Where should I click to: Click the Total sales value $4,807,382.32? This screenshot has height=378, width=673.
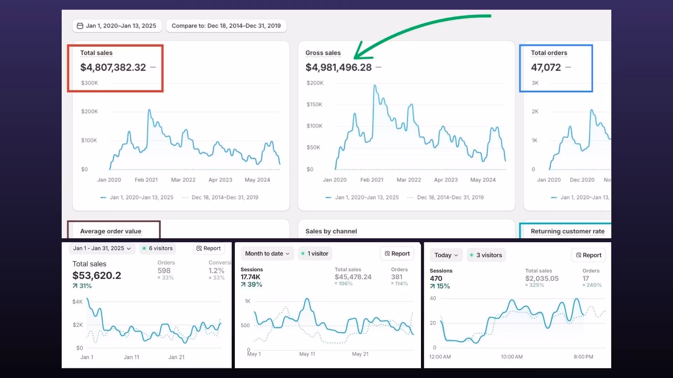pos(113,67)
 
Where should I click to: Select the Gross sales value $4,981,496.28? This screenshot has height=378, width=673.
pos(338,67)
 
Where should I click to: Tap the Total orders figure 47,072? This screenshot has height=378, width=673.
pos(546,67)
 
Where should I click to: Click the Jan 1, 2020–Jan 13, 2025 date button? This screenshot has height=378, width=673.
pos(117,26)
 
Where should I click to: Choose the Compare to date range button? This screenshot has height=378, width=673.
pos(226,26)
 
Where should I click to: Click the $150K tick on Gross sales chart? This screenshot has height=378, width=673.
pos(314,104)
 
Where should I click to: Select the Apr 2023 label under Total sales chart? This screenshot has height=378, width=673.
pos(220,180)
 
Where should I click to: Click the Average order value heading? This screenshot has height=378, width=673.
pos(111,231)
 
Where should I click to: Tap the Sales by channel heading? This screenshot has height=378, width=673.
pos(331,231)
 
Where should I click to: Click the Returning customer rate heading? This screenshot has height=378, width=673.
pos(567,231)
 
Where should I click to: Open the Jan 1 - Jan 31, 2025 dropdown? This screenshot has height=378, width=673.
pos(102,248)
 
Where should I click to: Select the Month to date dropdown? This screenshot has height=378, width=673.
pos(267,254)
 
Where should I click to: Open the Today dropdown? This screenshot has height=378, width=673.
pos(446,255)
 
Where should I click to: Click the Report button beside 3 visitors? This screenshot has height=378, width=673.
pos(588,255)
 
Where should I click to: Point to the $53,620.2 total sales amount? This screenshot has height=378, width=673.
pos(97,276)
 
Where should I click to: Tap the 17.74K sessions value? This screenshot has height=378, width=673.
pos(250,277)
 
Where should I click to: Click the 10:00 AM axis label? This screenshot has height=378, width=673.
pos(511,357)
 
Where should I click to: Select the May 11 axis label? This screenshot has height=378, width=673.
pos(307,354)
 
